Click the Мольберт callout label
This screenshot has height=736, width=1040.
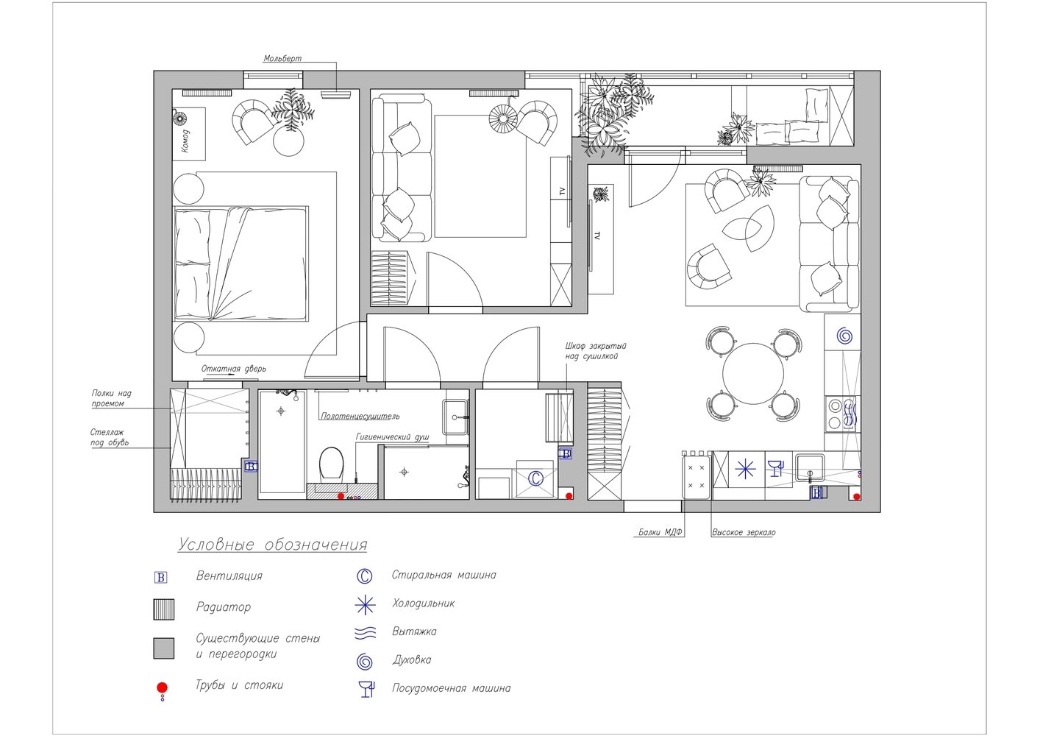(x=282, y=59)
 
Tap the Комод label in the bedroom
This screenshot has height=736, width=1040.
(x=185, y=141)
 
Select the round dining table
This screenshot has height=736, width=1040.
(x=752, y=374)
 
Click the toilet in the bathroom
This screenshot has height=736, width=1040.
(x=331, y=464)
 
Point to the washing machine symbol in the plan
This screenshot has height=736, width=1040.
(x=535, y=478)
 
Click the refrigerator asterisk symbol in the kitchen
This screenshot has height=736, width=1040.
(x=745, y=470)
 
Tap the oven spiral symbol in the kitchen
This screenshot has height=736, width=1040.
(x=844, y=336)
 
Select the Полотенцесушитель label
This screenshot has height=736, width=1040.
(x=360, y=417)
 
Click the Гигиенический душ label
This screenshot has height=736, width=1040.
(x=392, y=437)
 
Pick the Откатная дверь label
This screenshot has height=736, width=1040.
(x=234, y=369)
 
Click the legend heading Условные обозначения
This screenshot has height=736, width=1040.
(x=273, y=545)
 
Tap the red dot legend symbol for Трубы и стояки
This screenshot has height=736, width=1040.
(x=162, y=687)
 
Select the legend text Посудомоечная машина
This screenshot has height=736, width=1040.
(x=451, y=688)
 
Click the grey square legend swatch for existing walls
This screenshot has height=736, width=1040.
(x=164, y=648)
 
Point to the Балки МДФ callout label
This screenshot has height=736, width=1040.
(x=660, y=532)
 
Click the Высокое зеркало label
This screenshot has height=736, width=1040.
(x=744, y=532)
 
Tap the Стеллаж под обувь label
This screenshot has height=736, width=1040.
(x=110, y=438)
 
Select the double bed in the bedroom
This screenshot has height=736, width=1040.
(x=241, y=264)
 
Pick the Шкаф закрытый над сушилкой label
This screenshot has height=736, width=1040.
(x=596, y=351)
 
